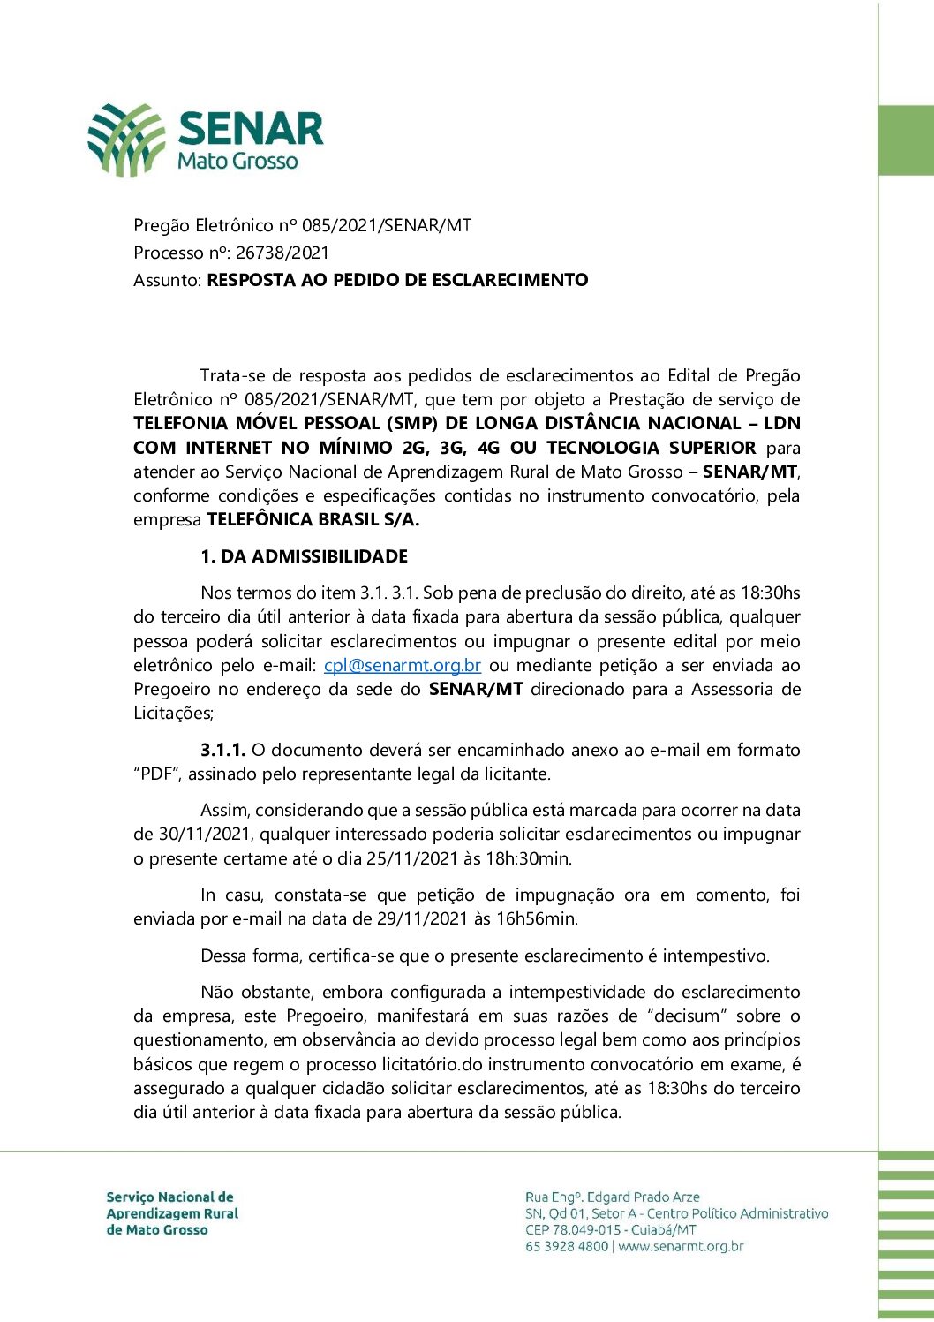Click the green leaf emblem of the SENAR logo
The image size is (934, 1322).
[126, 140]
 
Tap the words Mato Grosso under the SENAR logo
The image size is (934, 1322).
[237, 162]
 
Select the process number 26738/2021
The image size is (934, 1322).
[282, 253]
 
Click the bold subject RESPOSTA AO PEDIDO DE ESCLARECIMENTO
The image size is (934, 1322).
[397, 280]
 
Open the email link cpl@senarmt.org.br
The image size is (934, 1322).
[402, 666]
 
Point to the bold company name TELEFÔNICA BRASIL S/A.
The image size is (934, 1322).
[313, 520]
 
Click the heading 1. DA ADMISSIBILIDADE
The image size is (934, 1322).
[304, 556]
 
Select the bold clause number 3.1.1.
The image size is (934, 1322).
[222, 751]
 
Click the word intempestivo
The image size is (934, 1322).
[715, 956]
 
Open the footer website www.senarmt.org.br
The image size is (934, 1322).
[681, 1247]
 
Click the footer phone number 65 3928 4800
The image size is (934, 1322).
[566, 1247]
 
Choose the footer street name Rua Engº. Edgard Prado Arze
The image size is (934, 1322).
[612, 1197]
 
